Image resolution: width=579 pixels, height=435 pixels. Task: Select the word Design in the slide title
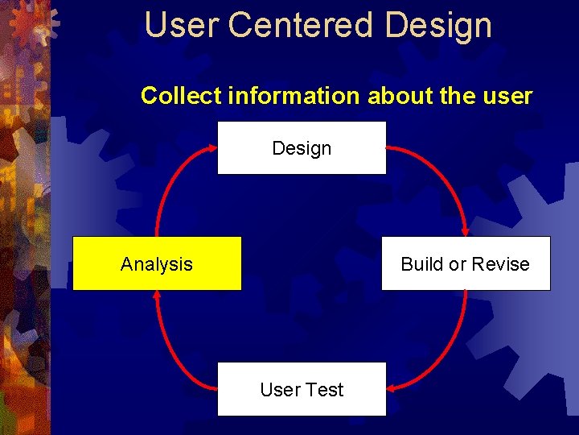438,25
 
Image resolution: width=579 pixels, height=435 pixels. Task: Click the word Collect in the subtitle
182,96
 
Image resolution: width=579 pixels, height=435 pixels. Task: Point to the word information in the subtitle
294,96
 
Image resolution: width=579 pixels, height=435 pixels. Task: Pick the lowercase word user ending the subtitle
507,96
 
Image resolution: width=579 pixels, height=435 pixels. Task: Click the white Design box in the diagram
302,148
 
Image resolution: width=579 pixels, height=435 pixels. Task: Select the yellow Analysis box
157,263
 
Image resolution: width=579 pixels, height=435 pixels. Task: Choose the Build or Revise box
466,263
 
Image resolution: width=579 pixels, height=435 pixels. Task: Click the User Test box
302,389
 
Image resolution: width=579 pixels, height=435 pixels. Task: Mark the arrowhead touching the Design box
211,147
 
